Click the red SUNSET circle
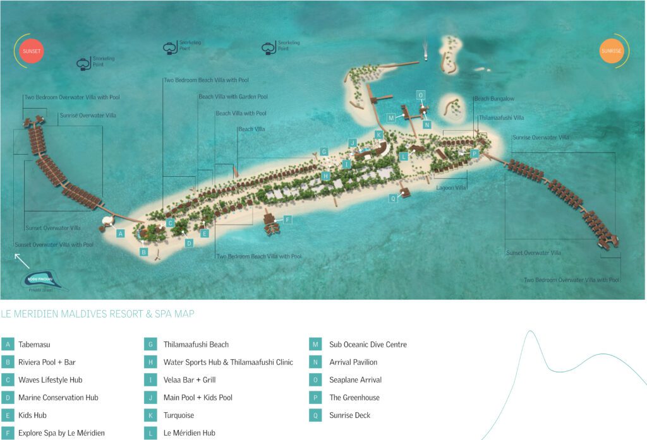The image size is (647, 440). (31, 51)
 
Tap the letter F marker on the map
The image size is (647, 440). (287, 220)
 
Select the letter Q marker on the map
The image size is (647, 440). (393, 198)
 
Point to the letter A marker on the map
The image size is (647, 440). (120, 233)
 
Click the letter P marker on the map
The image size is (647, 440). (475, 153)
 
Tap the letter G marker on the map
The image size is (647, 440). (323, 152)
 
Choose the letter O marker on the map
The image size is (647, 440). (421, 95)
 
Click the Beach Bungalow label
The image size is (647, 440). (494, 99)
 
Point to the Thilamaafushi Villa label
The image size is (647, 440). (501, 118)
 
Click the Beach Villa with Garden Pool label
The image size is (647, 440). (233, 97)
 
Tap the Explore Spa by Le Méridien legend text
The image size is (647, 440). (61, 433)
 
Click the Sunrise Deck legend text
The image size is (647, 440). (349, 415)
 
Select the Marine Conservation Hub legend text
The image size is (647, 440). (58, 398)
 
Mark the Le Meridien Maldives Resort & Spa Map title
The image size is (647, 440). (98, 314)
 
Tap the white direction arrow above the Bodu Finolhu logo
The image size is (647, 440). (21, 261)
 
